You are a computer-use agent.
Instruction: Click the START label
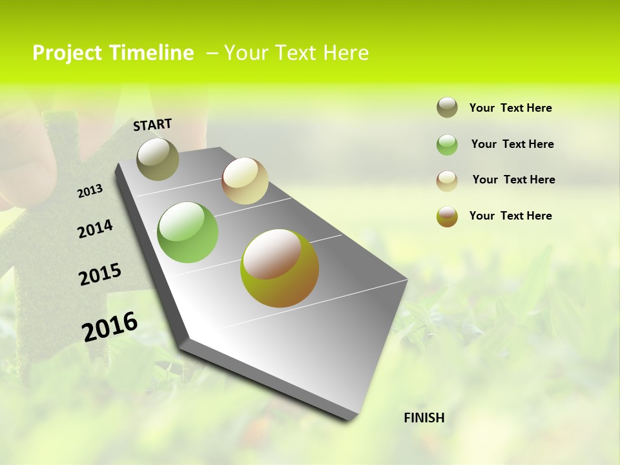152,125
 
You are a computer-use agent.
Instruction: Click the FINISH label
424,418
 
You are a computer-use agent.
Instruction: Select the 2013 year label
90,191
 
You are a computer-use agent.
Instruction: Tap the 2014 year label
95,229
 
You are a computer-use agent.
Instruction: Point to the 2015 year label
100,274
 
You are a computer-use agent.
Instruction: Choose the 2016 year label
110,326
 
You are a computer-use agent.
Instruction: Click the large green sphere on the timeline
188,232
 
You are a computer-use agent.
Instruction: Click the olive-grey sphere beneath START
158,159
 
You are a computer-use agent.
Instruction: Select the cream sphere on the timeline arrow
245,181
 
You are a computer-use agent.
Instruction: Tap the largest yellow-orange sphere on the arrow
280,268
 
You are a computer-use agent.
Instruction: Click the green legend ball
447,145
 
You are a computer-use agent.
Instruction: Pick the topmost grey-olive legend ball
447,107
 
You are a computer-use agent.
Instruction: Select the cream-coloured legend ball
447,181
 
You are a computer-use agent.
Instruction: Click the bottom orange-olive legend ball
447,216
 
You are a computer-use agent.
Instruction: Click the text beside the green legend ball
512,144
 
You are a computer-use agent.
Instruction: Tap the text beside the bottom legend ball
510,216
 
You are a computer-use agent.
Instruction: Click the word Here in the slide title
346,53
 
